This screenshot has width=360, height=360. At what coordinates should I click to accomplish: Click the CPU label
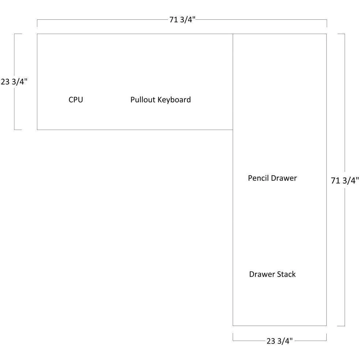coord(76,100)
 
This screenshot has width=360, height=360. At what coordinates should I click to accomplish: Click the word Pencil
coord(258,178)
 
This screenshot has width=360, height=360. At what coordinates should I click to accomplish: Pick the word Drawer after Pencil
coord(284,178)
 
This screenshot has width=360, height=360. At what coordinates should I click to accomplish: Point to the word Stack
coord(286,274)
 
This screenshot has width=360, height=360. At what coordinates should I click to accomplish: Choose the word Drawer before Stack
coord(262,274)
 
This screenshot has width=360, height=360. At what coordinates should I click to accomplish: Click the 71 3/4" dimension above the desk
coord(182,19)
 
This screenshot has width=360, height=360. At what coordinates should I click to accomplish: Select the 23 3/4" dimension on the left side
coord(14,82)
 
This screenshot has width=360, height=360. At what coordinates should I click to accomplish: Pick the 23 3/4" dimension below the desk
coord(280,341)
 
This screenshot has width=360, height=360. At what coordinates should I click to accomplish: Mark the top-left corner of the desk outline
coord(37,34)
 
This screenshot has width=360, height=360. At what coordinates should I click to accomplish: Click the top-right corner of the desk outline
coord(326,34)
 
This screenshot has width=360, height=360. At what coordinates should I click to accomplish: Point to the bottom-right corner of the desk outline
coord(326,326)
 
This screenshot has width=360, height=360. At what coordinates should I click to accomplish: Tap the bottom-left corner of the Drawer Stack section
coord(233,326)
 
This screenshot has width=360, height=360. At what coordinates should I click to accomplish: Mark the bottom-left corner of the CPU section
coord(37,130)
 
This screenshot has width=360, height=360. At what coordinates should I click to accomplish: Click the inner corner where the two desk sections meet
coord(233,130)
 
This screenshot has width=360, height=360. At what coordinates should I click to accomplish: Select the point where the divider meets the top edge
coord(233,34)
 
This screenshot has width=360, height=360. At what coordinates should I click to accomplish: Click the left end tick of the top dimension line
coord(37,23)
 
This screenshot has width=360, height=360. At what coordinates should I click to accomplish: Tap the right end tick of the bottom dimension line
coord(326,337)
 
